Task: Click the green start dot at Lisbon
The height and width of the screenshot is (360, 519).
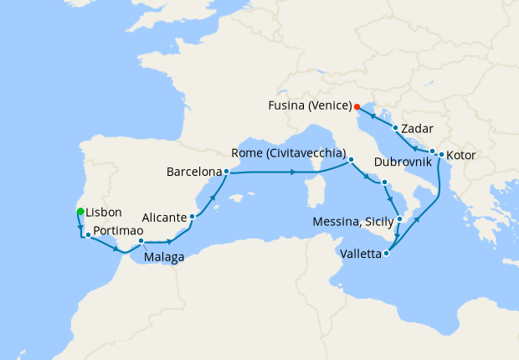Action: tap(80, 211)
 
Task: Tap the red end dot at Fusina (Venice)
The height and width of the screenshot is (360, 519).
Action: tap(357, 106)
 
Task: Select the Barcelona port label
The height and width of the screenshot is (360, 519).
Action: tap(194, 172)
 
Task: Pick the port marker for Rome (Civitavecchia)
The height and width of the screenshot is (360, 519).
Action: tap(352, 159)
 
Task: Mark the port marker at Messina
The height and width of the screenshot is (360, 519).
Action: tap(399, 219)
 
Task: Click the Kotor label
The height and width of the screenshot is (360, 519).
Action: tap(461, 156)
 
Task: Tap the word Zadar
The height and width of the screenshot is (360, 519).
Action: tap(416, 129)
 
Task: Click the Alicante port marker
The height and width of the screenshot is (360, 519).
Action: tap(193, 217)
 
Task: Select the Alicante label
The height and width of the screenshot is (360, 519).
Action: tap(163, 217)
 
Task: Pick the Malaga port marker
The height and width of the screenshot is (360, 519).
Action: tap(141, 242)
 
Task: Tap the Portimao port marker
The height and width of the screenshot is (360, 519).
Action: tap(88, 235)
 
